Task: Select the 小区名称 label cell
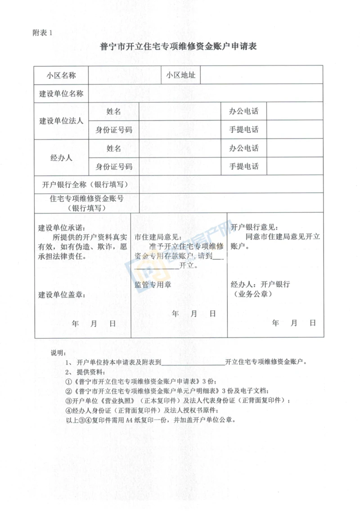point(61,75)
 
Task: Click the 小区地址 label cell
point(180,75)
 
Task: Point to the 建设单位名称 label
point(61,94)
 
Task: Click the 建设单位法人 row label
point(61,121)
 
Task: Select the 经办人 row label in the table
point(61,158)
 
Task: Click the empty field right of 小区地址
point(261,75)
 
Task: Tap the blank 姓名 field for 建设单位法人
point(180,112)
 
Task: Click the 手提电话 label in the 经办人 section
point(244,167)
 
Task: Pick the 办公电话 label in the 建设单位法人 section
point(244,112)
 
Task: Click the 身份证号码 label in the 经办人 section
point(114,167)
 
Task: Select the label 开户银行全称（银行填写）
point(85,184)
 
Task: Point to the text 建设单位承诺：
point(61,228)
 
